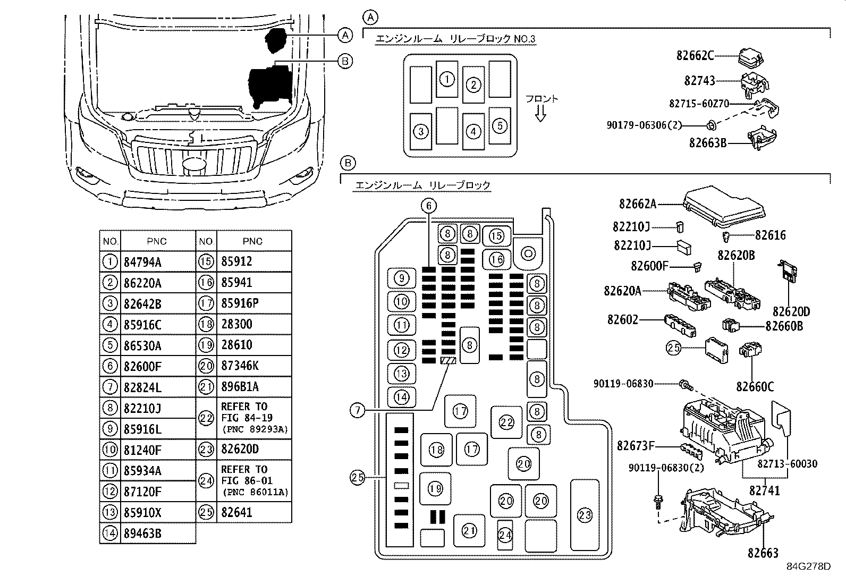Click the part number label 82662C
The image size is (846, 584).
695,55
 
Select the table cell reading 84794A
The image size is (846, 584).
142,262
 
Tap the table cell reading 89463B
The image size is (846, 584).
142,533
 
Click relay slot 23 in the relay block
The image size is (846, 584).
585,514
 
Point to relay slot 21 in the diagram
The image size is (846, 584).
469,530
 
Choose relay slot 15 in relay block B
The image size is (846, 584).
496,236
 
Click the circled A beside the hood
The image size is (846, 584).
345,35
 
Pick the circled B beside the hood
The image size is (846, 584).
345,62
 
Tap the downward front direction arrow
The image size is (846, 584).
541,113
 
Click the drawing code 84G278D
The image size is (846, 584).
808,566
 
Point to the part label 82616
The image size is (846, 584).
770,235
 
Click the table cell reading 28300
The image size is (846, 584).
236,324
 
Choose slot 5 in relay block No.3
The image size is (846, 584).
500,125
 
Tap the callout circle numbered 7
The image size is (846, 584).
358,410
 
